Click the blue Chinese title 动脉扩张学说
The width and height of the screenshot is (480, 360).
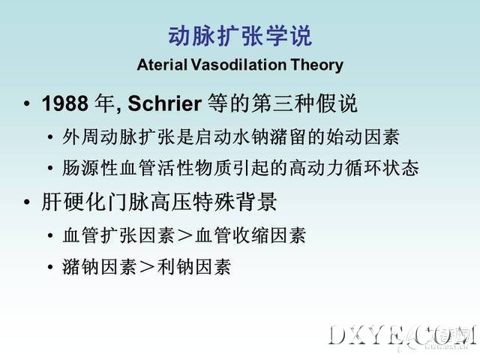(x=240, y=37)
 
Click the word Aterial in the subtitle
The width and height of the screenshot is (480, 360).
(x=162, y=64)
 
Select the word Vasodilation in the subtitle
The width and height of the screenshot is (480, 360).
(x=238, y=64)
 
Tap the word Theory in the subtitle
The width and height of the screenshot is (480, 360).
(x=316, y=65)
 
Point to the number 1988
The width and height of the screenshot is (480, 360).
(x=65, y=103)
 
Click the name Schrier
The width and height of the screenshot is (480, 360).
(x=165, y=103)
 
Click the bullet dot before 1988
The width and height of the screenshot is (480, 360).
(x=27, y=103)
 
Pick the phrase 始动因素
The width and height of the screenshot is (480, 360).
(x=362, y=136)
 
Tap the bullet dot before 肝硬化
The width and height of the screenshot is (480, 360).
(x=27, y=202)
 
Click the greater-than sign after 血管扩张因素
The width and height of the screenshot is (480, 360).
(x=185, y=236)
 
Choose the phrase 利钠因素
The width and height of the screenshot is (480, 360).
(x=193, y=267)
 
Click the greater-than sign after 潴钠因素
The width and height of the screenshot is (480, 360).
(x=147, y=267)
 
